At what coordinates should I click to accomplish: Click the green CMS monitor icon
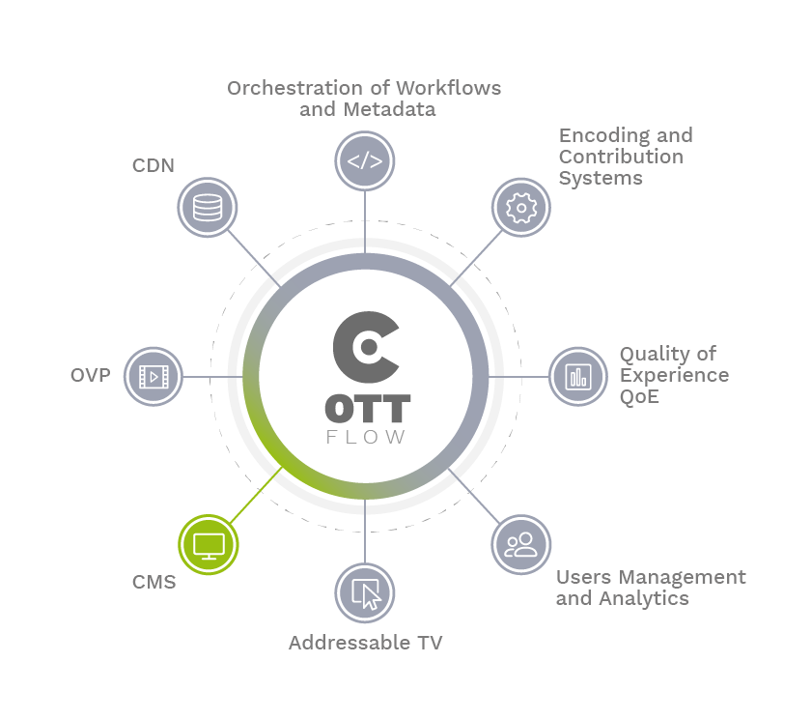209,544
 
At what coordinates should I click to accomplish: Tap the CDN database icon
208,208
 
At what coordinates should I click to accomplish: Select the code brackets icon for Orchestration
365,161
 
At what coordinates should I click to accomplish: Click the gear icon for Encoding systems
521,208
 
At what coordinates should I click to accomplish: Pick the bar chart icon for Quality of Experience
578,376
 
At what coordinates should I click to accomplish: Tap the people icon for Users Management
521,544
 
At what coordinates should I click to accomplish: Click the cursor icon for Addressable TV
365,593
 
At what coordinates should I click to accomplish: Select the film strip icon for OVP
154,376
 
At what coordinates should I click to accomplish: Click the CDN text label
154,165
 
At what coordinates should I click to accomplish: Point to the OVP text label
91,375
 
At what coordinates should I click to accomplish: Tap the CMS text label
154,582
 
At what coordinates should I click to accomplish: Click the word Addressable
350,643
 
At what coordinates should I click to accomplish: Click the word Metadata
389,109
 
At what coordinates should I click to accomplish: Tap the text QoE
639,396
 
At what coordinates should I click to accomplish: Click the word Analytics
644,598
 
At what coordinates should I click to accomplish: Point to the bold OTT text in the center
368,409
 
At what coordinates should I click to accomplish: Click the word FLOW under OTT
366,437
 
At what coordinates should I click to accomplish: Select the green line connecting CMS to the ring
256,495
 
